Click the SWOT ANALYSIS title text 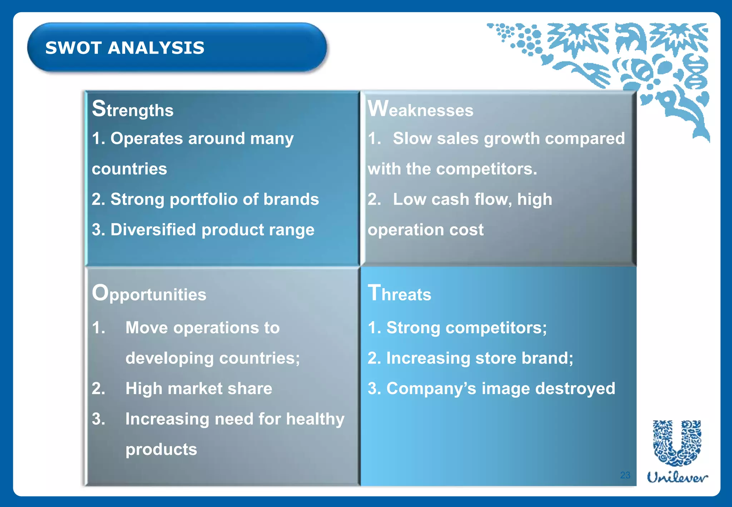tap(125, 48)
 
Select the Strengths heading tap(133, 109)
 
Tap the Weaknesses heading tap(420, 109)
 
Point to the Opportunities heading tap(149, 294)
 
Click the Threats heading tap(400, 294)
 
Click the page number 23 tap(625, 475)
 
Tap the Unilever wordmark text tap(677, 478)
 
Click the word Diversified tap(153, 230)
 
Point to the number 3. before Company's tap(374, 388)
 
